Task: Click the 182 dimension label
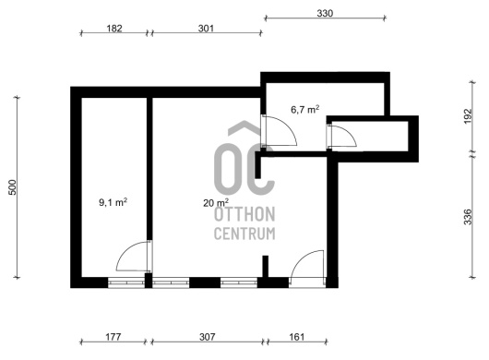click(x=114, y=29)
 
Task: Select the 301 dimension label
click(x=206, y=29)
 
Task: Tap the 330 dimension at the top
click(x=325, y=14)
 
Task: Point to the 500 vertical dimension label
click(x=13, y=187)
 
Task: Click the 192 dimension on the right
click(x=468, y=116)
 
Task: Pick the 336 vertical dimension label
click(x=468, y=217)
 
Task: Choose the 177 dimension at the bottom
click(x=113, y=337)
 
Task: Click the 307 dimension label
click(x=207, y=337)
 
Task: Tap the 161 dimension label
click(x=296, y=337)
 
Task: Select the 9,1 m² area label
click(x=113, y=202)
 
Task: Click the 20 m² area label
click(x=216, y=203)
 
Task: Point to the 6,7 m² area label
click(x=305, y=110)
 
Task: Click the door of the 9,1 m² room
click(x=134, y=257)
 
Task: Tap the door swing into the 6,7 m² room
click(x=280, y=130)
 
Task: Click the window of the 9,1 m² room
click(x=126, y=282)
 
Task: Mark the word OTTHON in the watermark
click(x=244, y=214)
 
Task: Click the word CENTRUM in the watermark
click(x=244, y=234)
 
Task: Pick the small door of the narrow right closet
click(x=341, y=136)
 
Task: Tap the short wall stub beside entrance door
click(x=265, y=266)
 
